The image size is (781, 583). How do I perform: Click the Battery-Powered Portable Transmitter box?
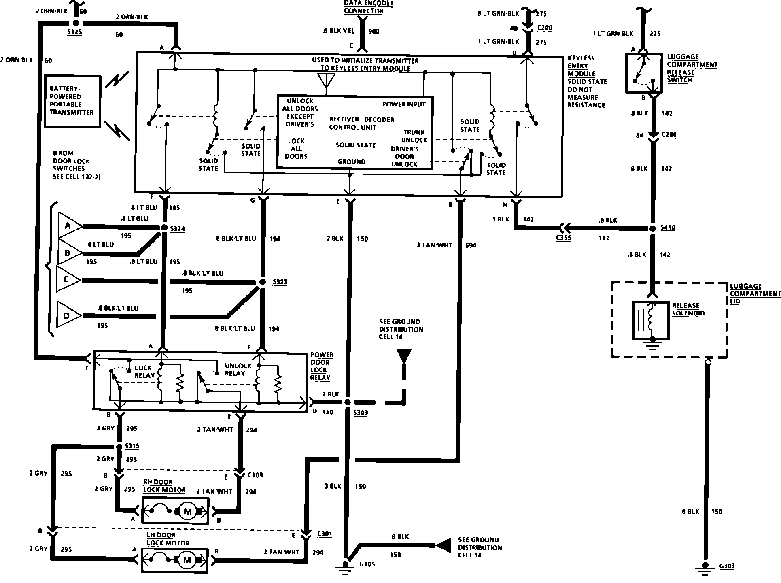[72, 101]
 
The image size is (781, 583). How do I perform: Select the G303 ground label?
[727, 566]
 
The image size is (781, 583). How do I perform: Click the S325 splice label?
[75, 32]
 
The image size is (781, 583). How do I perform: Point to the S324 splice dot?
[164, 228]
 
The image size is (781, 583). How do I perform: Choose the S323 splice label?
[280, 282]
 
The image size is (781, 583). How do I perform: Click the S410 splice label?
[668, 228]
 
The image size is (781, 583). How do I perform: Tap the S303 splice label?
[360, 413]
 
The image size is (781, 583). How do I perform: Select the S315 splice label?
[132, 446]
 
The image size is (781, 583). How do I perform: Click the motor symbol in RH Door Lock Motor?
[187, 511]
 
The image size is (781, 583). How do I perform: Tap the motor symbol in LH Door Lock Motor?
[187, 560]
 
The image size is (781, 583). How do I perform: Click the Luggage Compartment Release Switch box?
[644, 73]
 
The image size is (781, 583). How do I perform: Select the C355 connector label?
[563, 238]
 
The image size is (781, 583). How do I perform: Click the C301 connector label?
[325, 534]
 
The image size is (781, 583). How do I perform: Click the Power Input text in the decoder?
[404, 104]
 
